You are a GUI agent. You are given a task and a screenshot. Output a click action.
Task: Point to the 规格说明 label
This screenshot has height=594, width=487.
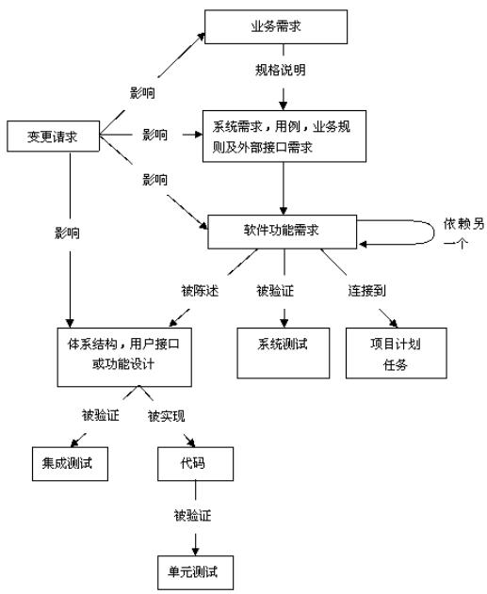click(281, 70)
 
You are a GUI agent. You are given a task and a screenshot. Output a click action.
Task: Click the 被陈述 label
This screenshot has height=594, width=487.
click(200, 291)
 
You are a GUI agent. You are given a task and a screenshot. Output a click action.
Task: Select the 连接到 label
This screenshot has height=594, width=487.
click(366, 291)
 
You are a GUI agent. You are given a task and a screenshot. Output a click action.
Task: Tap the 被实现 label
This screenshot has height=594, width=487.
click(167, 416)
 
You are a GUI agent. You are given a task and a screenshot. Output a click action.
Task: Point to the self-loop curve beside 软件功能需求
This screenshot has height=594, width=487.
click(434, 233)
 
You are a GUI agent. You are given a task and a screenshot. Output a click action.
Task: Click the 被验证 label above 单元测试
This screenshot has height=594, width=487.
click(192, 516)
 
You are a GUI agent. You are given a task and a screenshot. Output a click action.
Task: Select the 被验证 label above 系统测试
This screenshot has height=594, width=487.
click(275, 291)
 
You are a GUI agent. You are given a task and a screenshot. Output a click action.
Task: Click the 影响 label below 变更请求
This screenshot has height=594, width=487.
click(68, 233)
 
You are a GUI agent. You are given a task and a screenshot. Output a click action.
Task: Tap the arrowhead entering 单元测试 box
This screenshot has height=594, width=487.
click(196, 551)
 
